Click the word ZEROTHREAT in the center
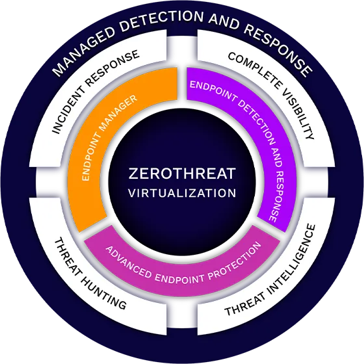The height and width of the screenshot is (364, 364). [x=182, y=174]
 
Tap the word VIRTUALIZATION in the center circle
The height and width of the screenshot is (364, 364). [x=182, y=193]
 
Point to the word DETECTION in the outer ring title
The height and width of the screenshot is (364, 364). [x=162, y=20]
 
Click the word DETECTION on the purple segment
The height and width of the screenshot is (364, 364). [x=257, y=121]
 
